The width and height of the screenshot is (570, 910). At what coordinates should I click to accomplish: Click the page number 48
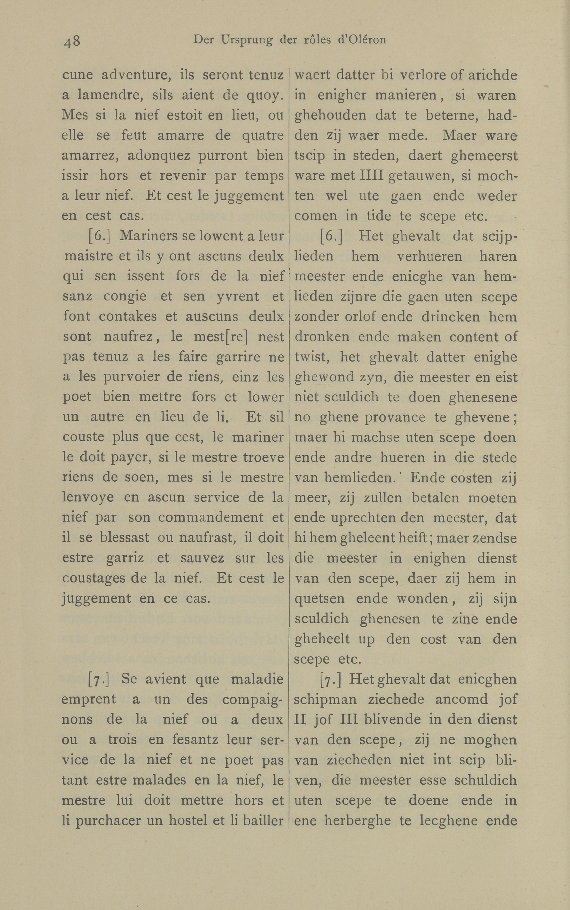(72, 41)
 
